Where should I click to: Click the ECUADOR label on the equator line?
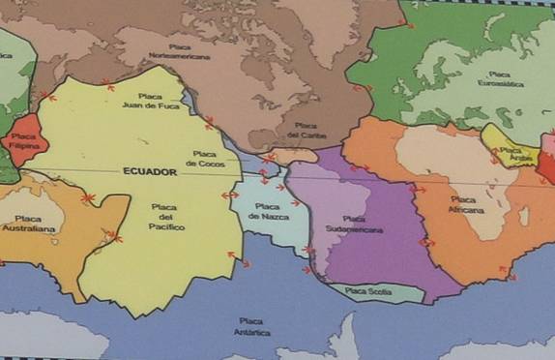(x=150, y=171)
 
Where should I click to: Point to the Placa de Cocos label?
(x=204, y=159)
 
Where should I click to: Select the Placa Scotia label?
(x=368, y=290)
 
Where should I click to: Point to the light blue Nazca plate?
(x=261, y=227)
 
